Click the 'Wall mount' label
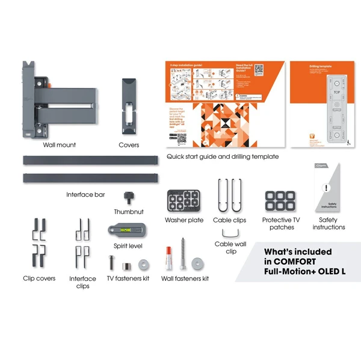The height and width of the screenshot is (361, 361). click(x=59, y=145)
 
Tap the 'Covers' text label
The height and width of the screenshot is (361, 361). click(x=129, y=145)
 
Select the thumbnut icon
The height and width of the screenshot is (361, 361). click(x=126, y=197)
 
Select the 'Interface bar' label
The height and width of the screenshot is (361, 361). click(x=85, y=195)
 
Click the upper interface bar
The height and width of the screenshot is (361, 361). click(x=87, y=161)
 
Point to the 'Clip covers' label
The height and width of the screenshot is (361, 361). click(x=39, y=279)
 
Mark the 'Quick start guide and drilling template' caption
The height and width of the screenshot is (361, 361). click(x=222, y=156)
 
